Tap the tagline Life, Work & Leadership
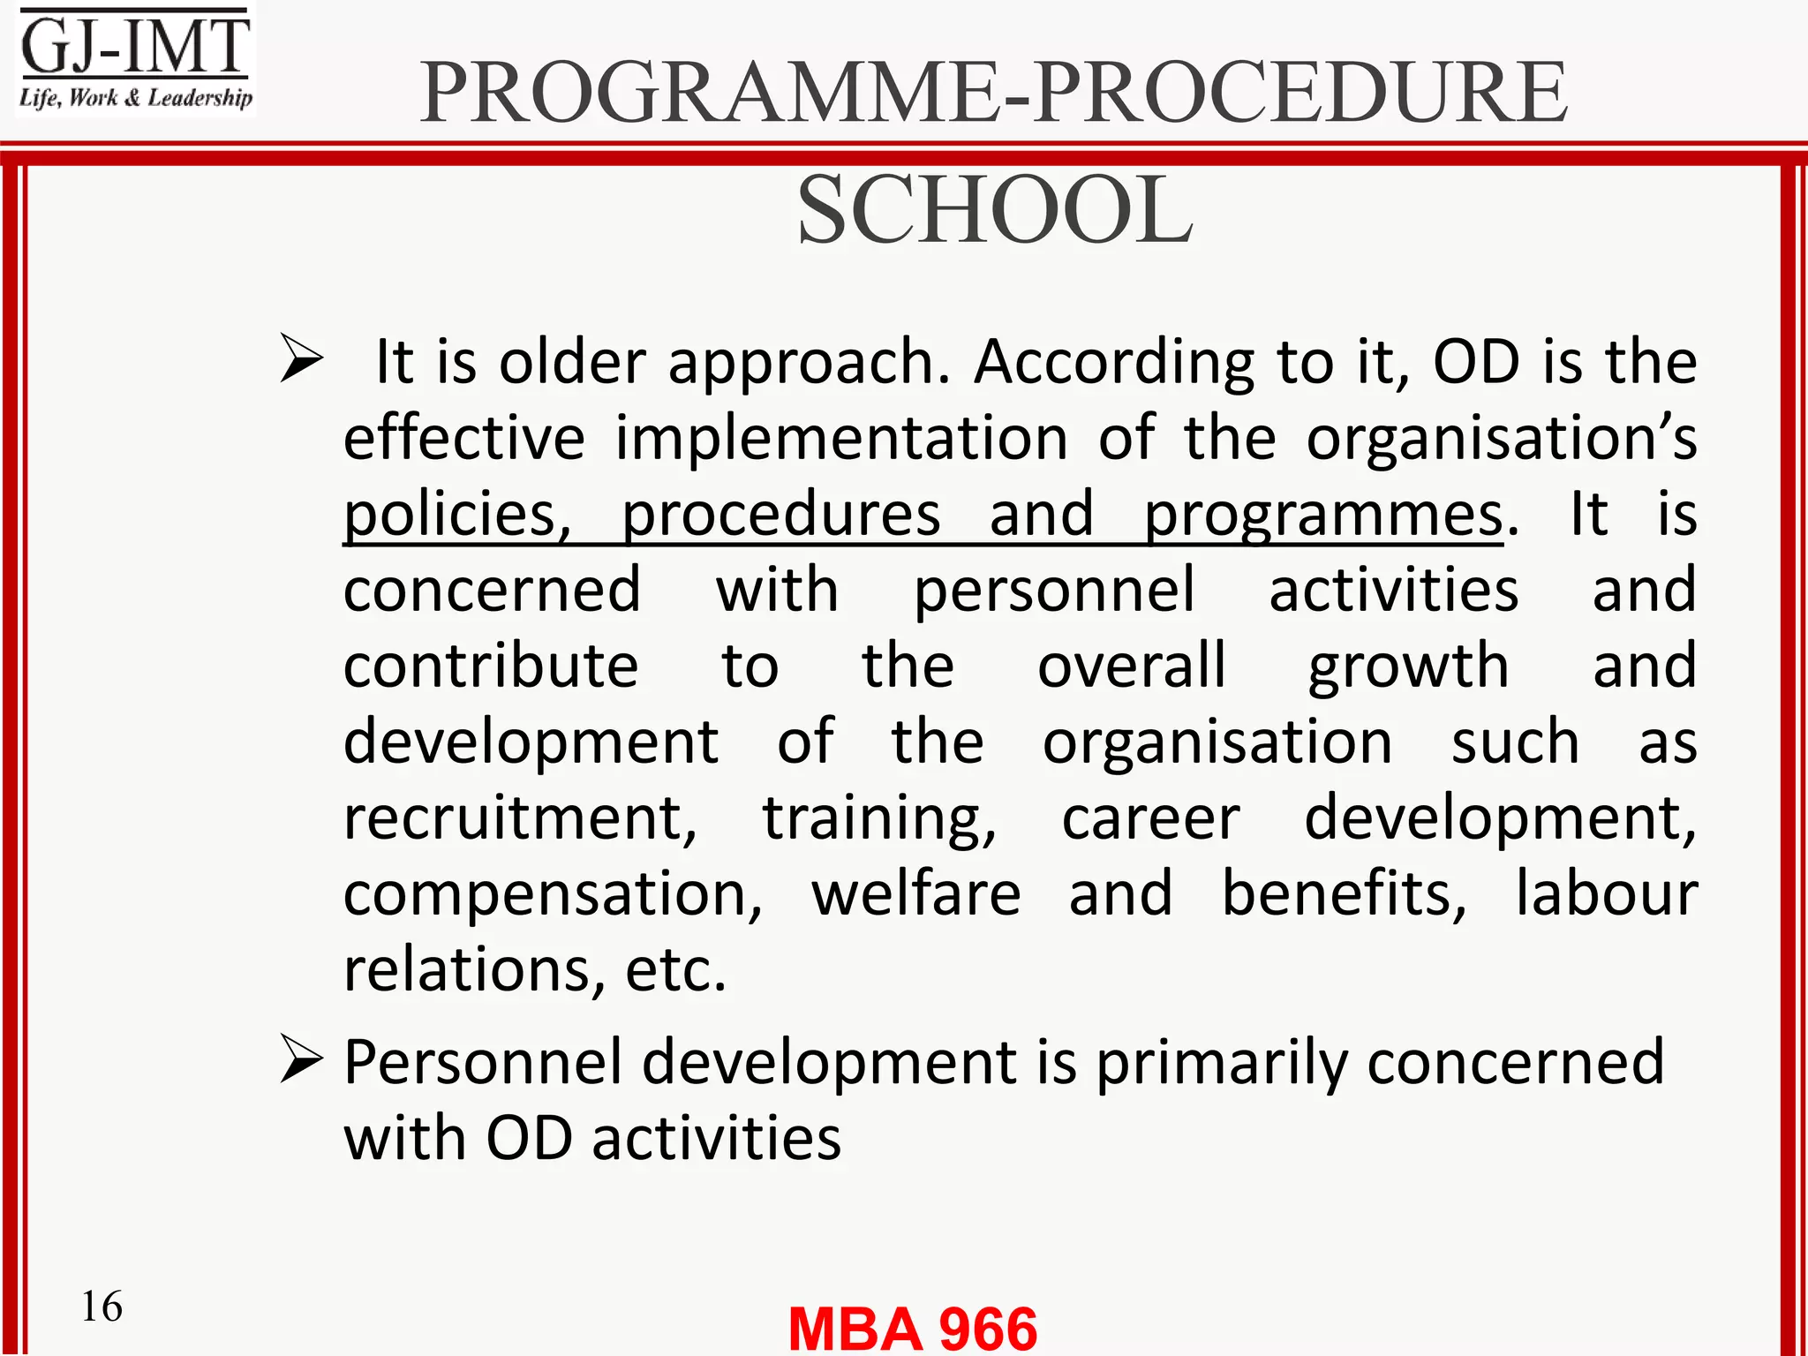[135, 97]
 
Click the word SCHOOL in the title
[995, 210]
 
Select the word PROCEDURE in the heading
[1300, 92]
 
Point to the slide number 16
[102, 1306]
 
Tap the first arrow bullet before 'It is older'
[301, 358]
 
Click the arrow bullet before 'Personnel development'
[301, 1059]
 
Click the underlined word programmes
[1323, 515]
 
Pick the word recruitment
[519, 818]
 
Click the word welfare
[916, 893]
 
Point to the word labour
[1606, 893]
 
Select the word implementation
[841, 439]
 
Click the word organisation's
[1501, 439]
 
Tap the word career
[1150, 818]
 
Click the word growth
[1408, 667]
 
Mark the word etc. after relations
[675, 971]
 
